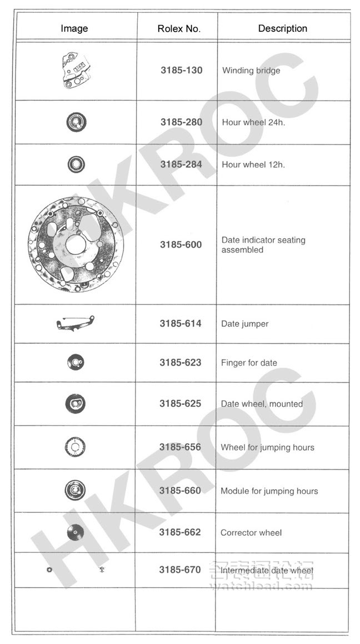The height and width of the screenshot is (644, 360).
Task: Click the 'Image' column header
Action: point(74,28)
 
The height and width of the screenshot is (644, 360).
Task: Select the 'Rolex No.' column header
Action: point(179,29)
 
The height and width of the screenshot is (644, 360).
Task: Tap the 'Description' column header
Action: point(282,28)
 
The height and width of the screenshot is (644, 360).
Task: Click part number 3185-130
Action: point(181,71)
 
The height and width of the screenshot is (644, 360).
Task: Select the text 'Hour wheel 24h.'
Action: point(253,122)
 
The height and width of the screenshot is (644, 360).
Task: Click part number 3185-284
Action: point(181,164)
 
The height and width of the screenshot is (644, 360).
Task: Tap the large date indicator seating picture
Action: point(72,244)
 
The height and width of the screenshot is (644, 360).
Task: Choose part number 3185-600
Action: point(181,244)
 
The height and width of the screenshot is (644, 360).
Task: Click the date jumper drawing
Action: point(76,323)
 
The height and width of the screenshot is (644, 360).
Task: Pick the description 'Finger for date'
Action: point(249,363)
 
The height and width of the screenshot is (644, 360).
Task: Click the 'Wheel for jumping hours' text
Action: point(267,447)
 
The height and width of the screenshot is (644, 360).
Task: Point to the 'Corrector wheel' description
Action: point(251,532)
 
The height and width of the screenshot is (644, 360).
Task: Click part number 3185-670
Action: point(180,570)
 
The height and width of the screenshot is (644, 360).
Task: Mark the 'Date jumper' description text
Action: point(244,324)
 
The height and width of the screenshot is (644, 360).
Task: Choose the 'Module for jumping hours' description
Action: point(269,491)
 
